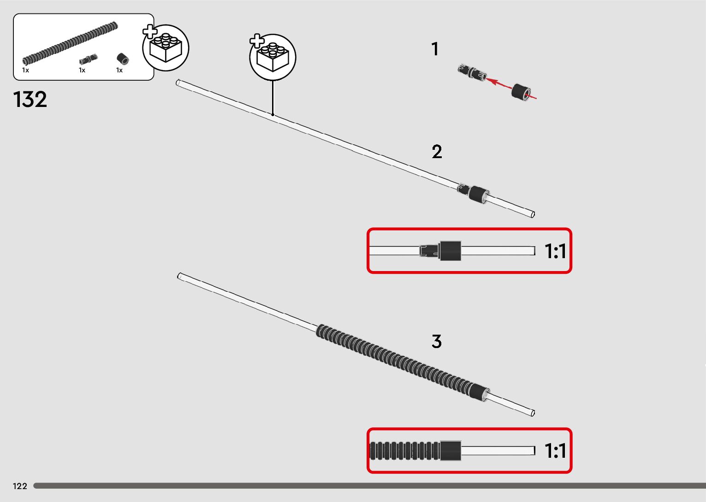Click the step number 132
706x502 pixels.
click(x=30, y=100)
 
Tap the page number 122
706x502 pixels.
click(x=20, y=486)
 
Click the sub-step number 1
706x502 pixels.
click(x=434, y=49)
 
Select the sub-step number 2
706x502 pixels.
click(x=437, y=152)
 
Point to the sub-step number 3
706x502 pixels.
click(x=436, y=342)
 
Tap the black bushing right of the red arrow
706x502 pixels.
click(x=522, y=92)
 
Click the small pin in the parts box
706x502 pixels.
click(x=88, y=59)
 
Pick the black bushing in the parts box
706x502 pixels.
click(x=123, y=59)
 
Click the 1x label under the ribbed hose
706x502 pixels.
click(x=26, y=70)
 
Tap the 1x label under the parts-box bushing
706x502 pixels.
click(x=119, y=70)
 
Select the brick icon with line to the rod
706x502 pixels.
click(x=273, y=57)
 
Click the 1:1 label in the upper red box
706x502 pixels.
click(x=555, y=251)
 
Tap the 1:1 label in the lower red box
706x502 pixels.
click(x=555, y=450)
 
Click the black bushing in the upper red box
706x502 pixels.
click(x=450, y=251)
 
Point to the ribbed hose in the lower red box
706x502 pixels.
click(x=404, y=450)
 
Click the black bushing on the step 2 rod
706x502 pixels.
click(x=478, y=194)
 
